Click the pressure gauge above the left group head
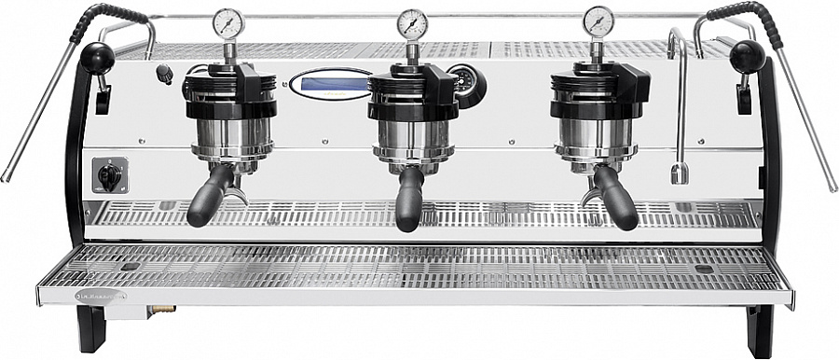227,23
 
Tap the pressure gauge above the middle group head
412,23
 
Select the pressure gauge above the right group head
598,21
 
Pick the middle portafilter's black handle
408,200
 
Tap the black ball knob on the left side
96,58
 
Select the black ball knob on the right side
747,56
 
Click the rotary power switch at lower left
110,175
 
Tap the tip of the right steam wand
833,187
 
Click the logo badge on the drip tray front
100,296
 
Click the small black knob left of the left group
165,73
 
